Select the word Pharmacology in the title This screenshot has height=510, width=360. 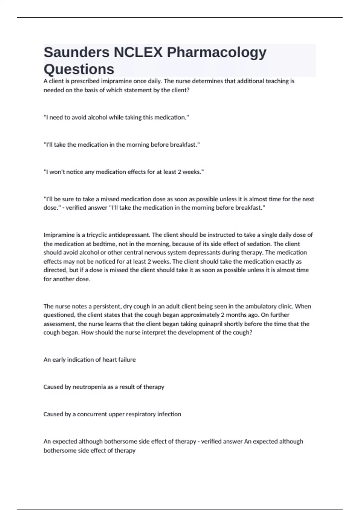[x=217, y=52]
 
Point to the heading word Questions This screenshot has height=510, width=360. [x=79, y=69]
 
